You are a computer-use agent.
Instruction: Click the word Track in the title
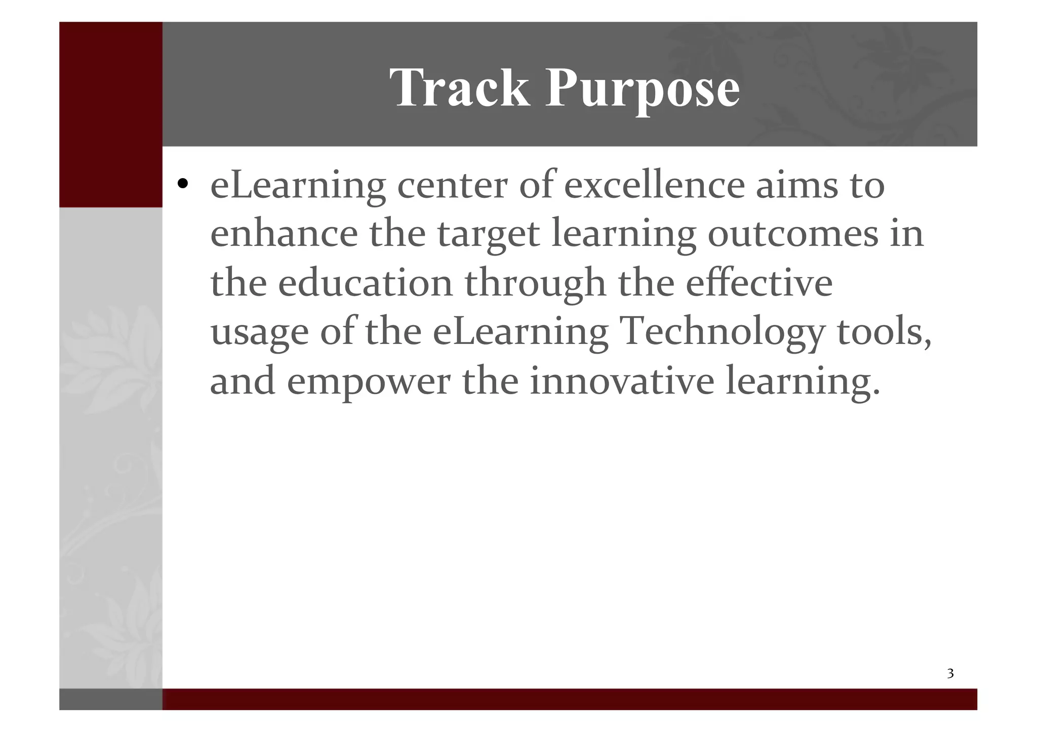click(x=459, y=89)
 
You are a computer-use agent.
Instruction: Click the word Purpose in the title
click(x=642, y=89)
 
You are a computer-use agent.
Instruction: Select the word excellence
click(x=654, y=185)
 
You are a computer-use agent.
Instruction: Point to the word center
click(x=452, y=185)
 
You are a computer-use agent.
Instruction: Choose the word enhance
click(x=284, y=234)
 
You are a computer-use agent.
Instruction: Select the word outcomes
click(x=793, y=234)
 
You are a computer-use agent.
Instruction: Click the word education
click(x=366, y=283)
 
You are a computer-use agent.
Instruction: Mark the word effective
click(x=759, y=283)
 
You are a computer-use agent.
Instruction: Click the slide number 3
click(x=950, y=673)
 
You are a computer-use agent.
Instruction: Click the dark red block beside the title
click(x=110, y=114)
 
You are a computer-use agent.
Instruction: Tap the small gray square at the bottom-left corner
click(x=110, y=699)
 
